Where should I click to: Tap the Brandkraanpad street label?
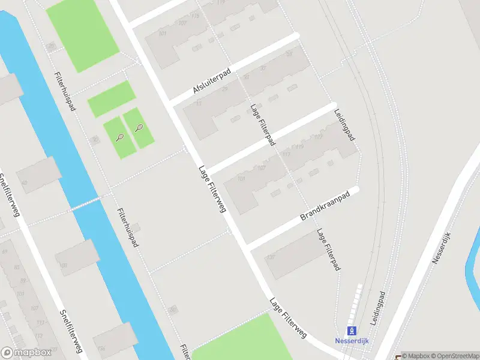325,206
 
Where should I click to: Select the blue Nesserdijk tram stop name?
352,341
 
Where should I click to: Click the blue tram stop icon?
352,330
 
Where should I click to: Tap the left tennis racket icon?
120,137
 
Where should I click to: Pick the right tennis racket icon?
140,127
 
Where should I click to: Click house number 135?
270,257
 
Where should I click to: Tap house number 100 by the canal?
63,265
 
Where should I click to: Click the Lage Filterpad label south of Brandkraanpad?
329,249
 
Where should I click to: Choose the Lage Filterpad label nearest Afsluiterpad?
263,125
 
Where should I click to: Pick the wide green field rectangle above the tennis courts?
112,98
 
